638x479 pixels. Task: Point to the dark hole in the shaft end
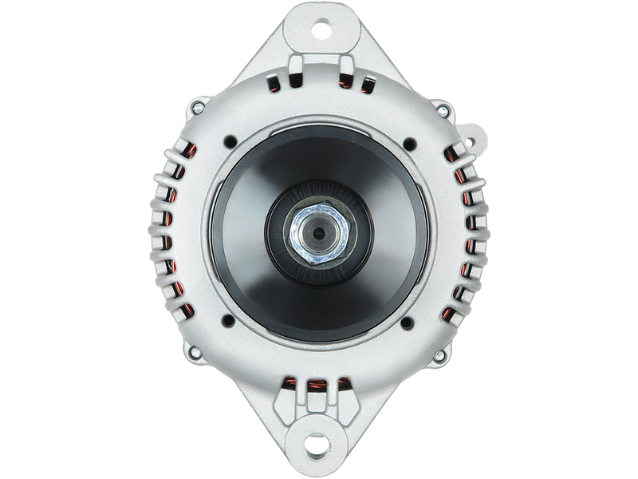[x=318, y=234]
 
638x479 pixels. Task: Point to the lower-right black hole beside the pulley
[x=408, y=323]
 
